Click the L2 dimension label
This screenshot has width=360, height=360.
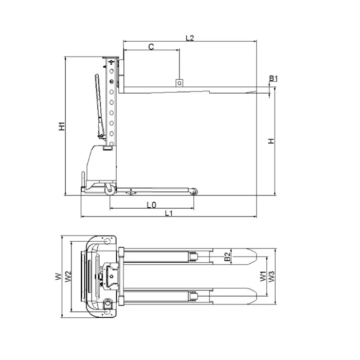[190, 38]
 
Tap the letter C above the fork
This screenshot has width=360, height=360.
[151, 47]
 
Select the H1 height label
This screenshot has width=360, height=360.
[62, 127]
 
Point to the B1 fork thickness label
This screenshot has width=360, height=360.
[274, 78]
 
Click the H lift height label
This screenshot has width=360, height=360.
[272, 141]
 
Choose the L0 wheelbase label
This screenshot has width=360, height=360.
[151, 205]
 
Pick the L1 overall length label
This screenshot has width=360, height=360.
[169, 213]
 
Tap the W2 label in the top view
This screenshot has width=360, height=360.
[68, 277]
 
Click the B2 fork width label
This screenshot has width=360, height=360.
[227, 257]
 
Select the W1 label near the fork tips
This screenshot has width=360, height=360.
[263, 276]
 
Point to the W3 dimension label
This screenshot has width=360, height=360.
[272, 277]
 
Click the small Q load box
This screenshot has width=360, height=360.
[179, 83]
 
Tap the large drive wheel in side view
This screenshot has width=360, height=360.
[110, 190]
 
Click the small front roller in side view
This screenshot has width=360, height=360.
[193, 192]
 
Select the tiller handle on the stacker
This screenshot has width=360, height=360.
[100, 105]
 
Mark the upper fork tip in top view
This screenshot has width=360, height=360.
[256, 257]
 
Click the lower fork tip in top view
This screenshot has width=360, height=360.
[256, 296]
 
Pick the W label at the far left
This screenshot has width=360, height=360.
[58, 277]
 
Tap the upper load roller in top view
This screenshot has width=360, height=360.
[193, 257]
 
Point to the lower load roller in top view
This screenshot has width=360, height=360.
[193, 296]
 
